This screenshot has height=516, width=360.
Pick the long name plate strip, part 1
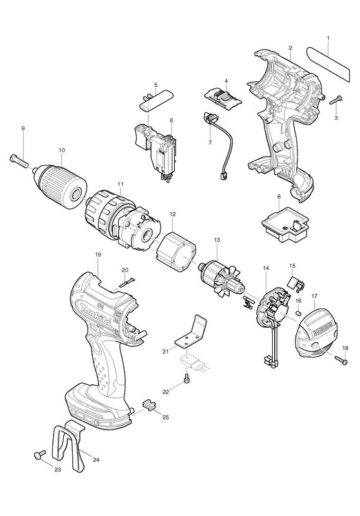coord(328,64)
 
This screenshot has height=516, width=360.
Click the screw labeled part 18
coord(341,359)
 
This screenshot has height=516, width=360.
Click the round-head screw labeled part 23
coord(39,455)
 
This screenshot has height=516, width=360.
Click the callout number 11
coord(121,190)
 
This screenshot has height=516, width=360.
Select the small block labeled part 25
coord(150,404)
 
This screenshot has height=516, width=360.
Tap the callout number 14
coord(266,268)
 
